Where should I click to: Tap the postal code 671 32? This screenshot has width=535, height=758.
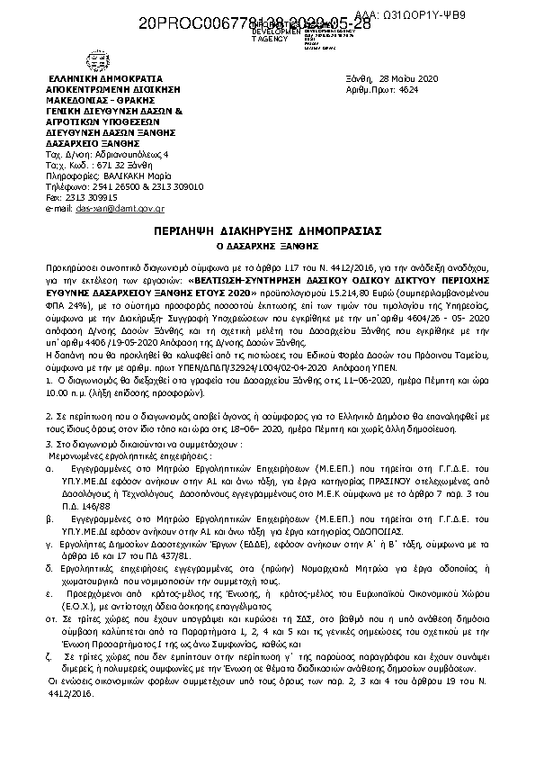(x=106, y=167)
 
